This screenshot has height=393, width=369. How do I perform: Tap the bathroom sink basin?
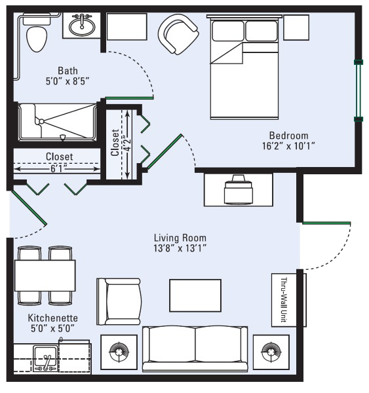[82, 27]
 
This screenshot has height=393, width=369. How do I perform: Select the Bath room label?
[68, 71]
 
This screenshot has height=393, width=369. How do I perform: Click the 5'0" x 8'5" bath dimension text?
[68, 81]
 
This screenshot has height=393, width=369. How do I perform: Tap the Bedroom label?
[289, 136]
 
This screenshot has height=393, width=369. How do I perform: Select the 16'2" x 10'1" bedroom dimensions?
[289, 146]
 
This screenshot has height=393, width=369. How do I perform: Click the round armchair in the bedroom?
[178, 33]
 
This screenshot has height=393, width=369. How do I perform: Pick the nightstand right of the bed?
[296, 28]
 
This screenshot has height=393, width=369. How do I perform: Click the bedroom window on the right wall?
[359, 90]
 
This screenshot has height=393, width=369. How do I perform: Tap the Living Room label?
[180, 238]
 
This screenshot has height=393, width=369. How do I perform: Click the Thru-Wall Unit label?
[284, 300]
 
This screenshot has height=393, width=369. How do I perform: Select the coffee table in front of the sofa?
[195, 295]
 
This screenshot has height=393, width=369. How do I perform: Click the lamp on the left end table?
[119, 352]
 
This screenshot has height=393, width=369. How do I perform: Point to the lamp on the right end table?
[271, 352]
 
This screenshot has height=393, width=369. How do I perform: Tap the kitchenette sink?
[45, 358]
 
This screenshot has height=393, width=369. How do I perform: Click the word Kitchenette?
[52, 318]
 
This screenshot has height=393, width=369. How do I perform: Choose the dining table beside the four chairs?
[45, 276]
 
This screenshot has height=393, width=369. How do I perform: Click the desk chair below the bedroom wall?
[238, 189]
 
